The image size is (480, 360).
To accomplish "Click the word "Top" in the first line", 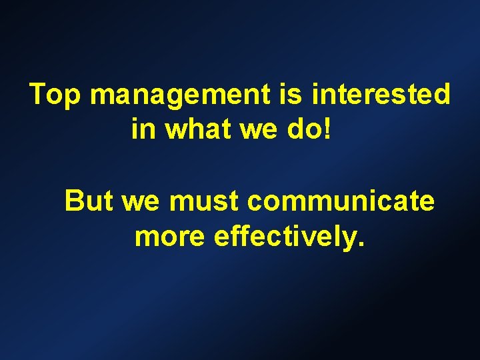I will (x=56, y=95).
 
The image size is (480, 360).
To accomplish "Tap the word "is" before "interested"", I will (x=291, y=95).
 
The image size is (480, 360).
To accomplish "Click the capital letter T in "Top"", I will (x=39, y=95).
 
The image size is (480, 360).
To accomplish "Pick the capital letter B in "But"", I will (x=75, y=200).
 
